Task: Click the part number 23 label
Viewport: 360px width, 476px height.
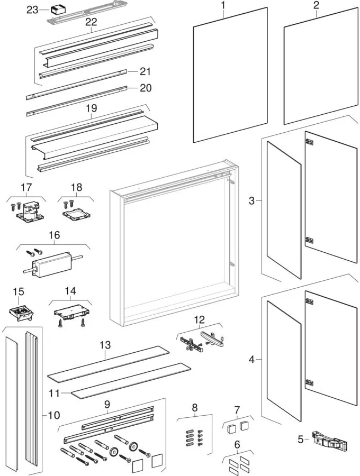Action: pyautogui.click(x=32, y=10)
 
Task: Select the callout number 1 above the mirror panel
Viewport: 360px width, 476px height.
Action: pyautogui.click(x=223, y=6)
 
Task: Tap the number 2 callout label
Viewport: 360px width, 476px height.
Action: pyautogui.click(x=316, y=6)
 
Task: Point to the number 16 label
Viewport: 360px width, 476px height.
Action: pyautogui.click(x=55, y=235)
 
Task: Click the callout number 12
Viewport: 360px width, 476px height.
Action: pyautogui.click(x=199, y=319)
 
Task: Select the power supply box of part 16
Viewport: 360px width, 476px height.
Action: pyautogui.click(x=52, y=263)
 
